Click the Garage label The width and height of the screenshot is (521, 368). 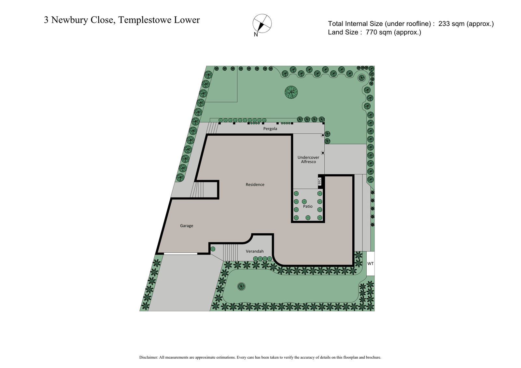187,226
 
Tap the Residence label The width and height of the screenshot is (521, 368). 255,184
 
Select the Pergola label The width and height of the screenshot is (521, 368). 270,129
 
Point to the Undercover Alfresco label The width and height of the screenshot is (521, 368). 308,159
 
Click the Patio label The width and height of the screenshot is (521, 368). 308,206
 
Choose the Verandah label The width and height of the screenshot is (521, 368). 255,251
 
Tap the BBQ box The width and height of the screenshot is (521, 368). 319,181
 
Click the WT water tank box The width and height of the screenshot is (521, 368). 371,264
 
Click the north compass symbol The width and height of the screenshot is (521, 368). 262,23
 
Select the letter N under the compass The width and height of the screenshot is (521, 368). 256,35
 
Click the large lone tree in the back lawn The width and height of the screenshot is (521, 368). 291,92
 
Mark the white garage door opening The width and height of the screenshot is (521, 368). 180,253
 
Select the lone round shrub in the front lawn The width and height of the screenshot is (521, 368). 241,286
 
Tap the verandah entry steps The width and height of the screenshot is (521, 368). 231,252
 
